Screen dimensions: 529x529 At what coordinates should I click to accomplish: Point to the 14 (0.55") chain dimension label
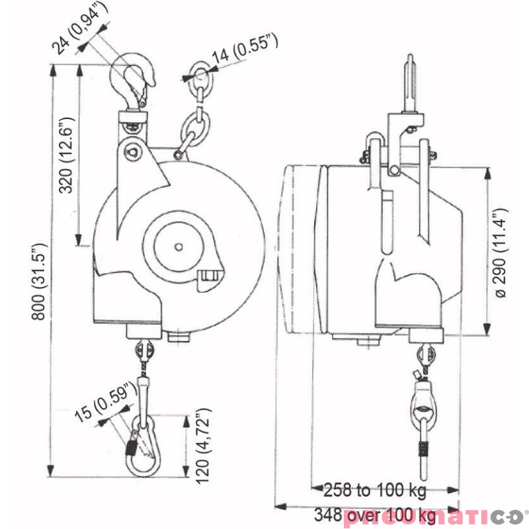click(245, 52)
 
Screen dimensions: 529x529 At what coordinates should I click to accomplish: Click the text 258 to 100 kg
click(375, 491)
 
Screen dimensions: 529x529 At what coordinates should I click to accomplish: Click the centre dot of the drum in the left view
click(179, 247)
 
